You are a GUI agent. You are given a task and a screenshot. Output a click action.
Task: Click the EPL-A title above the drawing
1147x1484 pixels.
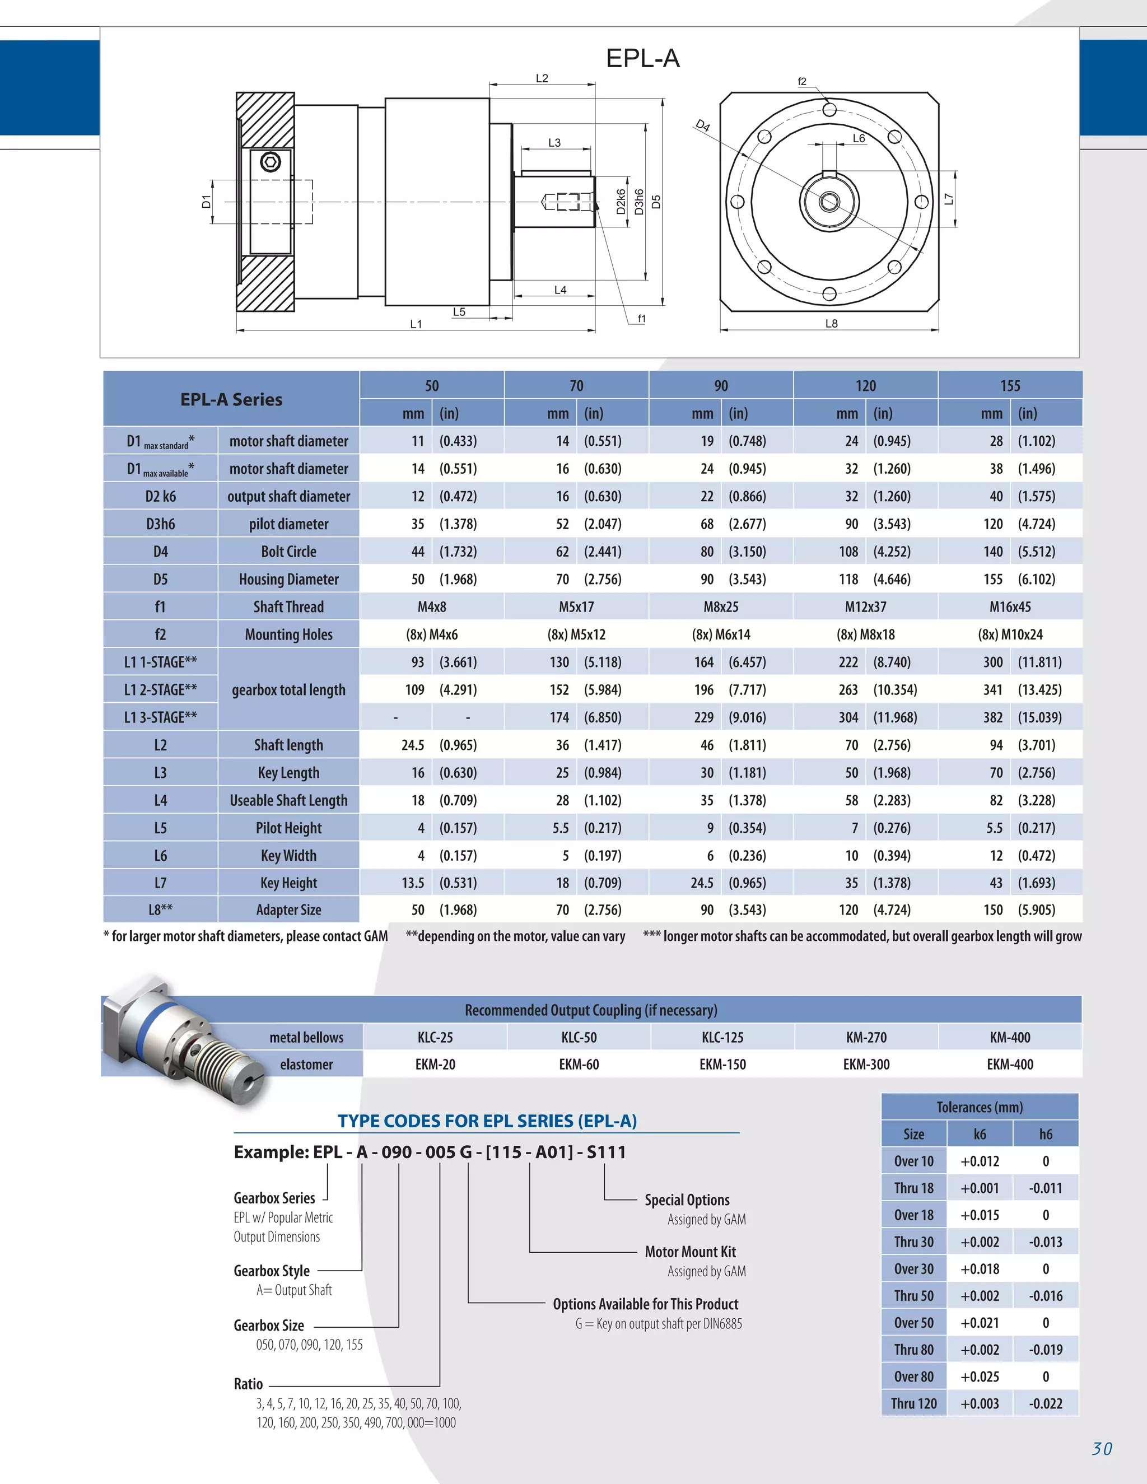click(x=642, y=58)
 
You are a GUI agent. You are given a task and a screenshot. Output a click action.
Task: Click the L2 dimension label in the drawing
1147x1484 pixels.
click(x=542, y=78)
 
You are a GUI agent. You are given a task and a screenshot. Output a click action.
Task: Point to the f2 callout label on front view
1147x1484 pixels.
click(x=802, y=82)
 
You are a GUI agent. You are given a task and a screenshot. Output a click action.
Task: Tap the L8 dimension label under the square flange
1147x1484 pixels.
click(x=831, y=324)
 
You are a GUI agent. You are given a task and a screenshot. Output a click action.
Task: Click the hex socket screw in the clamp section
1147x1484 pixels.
click(x=271, y=162)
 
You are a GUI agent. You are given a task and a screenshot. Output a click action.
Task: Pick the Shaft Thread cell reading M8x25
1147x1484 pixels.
click(x=721, y=607)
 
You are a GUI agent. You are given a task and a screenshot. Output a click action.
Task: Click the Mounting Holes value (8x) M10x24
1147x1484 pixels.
click(x=1010, y=634)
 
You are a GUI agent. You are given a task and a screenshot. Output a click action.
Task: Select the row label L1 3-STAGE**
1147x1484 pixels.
click(x=160, y=717)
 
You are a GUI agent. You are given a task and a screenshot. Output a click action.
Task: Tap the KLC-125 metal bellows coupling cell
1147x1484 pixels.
click(x=722, y=1038)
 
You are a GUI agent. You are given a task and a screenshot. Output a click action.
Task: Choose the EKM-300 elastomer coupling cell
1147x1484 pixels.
click(x=866, y=1065)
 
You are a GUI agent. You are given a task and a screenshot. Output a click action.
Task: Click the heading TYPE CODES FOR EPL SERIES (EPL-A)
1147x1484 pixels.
click(x=487, y=1121)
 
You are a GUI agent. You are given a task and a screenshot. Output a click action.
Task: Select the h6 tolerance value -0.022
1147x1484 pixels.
click(x=1045, y=1404)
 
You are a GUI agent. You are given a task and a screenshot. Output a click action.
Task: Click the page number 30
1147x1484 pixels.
click(x=1102, y=1449)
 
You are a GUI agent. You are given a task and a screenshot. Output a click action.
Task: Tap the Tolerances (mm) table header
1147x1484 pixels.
click(x=979, y=1108)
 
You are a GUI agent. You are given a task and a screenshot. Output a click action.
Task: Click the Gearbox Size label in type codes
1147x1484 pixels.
click(x=269, y=1326)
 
